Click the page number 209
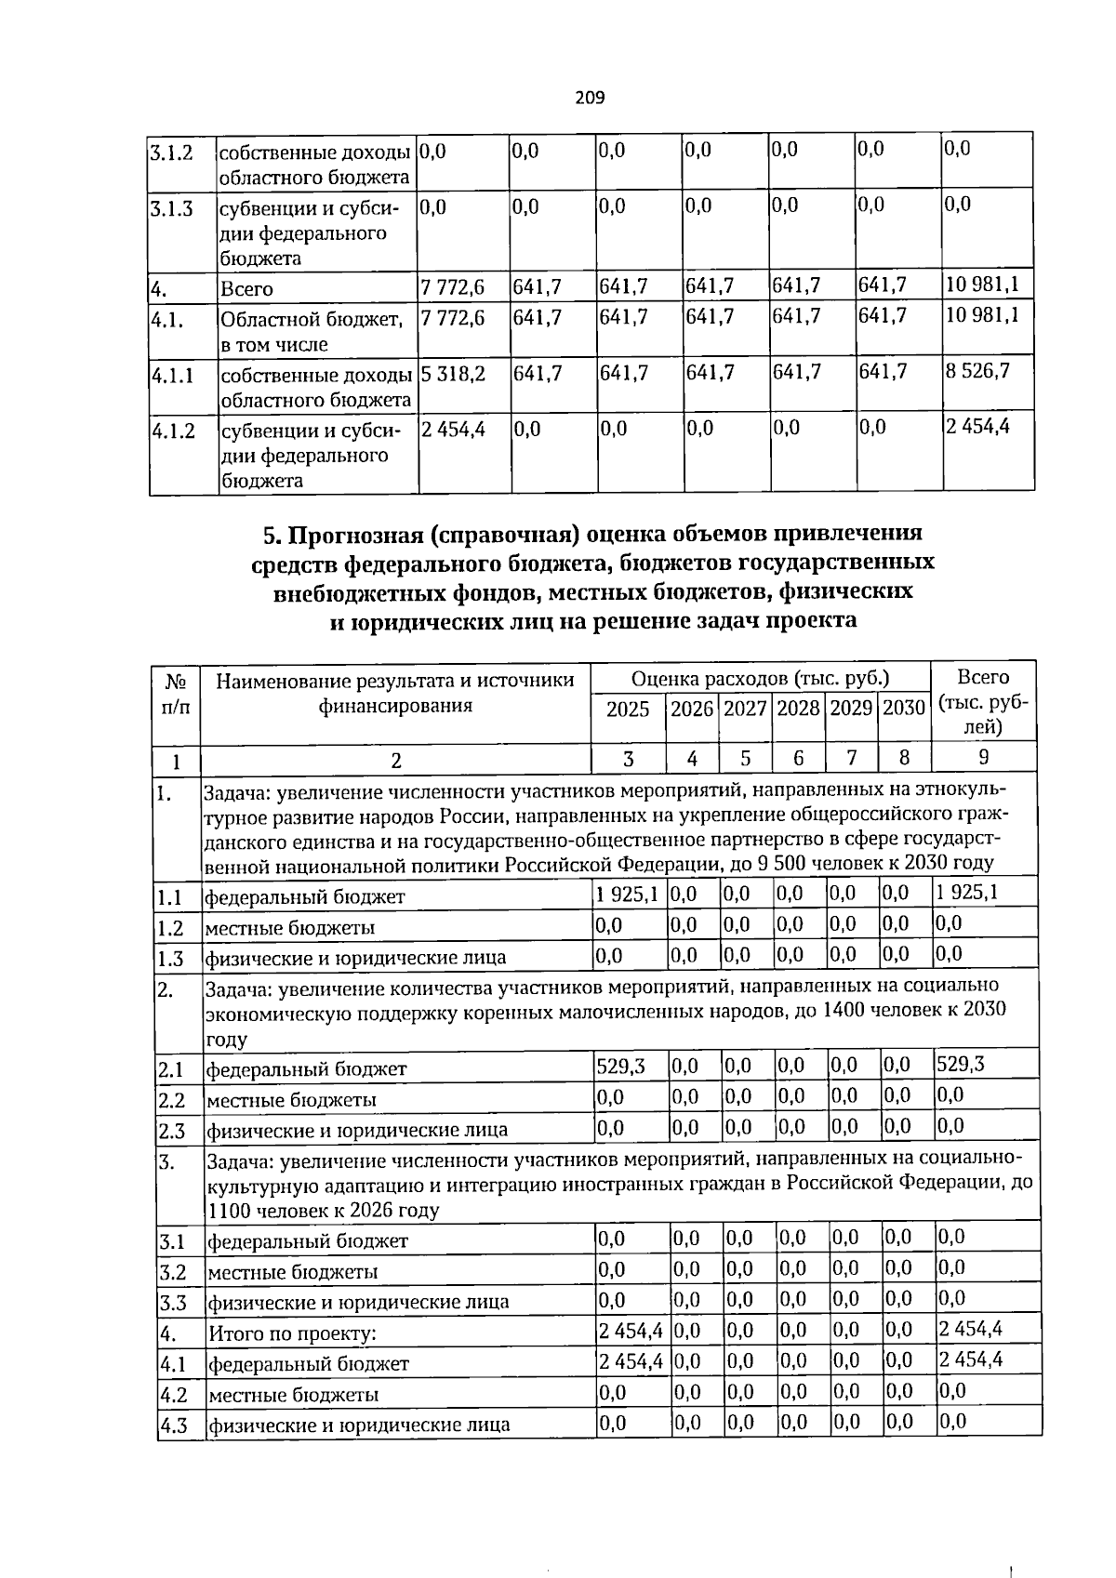point(590,98)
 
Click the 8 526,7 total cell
point(977,371)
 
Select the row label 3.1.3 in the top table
point(171,208)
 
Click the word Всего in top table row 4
point(246,289)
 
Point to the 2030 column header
point(904,709)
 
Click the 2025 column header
point(628,709)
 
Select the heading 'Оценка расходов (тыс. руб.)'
point(760,678)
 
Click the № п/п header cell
point(176,693)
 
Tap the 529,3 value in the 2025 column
point(620,1066)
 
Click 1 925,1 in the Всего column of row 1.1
point(967,893)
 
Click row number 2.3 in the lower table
point(172,1131)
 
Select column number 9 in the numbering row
point(983,757)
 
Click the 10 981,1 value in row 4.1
point(982,315)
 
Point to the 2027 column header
point(745,709)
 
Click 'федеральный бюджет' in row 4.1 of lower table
point(308,1364)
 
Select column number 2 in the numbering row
point(396,760)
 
